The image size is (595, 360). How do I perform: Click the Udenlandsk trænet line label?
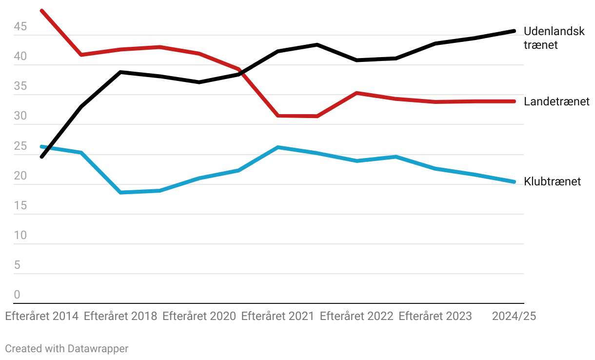point(554,38)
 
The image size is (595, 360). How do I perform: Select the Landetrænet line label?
point(556,101)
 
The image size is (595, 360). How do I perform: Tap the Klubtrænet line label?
point(552,182)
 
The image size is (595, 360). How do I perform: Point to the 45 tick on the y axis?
point(20,27)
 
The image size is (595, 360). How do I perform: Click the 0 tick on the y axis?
point(17,295)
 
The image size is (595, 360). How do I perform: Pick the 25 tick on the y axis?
point(20,146)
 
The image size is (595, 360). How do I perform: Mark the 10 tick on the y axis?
point(20,236)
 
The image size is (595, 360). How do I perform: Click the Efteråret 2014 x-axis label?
point(42,316)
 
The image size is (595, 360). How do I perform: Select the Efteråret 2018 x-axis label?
point(120,316)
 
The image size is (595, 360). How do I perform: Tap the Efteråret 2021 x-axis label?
point(278,316)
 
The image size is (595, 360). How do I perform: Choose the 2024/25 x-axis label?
point(514,316)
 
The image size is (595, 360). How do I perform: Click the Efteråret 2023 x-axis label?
point(435,316)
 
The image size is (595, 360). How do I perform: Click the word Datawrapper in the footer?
point(98,348)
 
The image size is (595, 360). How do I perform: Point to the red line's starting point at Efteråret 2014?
point(42,10)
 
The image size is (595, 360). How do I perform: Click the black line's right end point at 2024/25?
point(514,31)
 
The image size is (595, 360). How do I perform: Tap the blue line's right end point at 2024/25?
point(514,182)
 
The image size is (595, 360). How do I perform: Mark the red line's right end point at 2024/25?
point(514,101)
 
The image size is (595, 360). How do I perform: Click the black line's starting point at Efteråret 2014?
point(42,157)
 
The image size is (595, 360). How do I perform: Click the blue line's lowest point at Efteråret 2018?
point(120,193)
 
